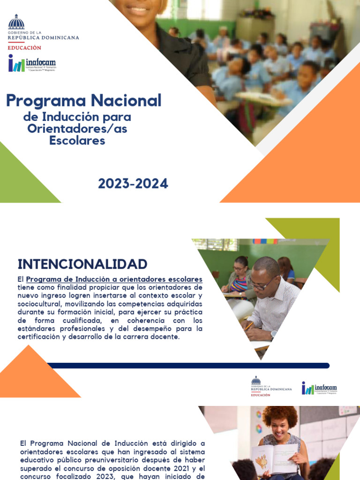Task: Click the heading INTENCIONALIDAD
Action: [x=82, y=264]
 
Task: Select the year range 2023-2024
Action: [x=133, y=184]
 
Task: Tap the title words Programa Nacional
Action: [x=83, y=100]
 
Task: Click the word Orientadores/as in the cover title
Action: [x=77, y=128]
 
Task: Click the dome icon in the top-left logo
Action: [x=16, y=22]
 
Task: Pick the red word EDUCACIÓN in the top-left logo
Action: [x=24, y=48]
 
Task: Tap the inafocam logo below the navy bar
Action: [x=319, y=388]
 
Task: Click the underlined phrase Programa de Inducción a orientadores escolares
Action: [x=114, y=279]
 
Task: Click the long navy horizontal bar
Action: [x=187, y=366]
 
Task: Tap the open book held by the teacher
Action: [x=274, y=458]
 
